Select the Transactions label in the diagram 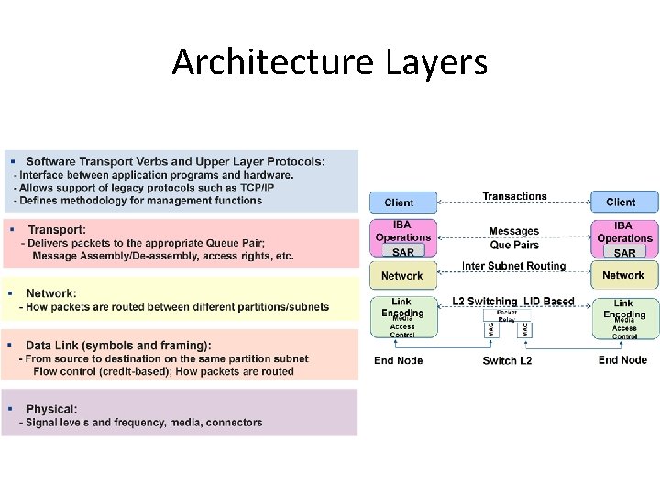pos(514,196)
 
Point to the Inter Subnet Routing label pos(513,266)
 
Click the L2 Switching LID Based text pos(513,301)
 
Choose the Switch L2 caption pos(507,360)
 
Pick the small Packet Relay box pos(507,316)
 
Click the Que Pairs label pos(513,245)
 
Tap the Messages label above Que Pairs pos(513,231)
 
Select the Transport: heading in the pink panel pos(57,229)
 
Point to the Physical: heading pos(51,409)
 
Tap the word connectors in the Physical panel pos(235,423)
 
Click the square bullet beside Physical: pos(10,408)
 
